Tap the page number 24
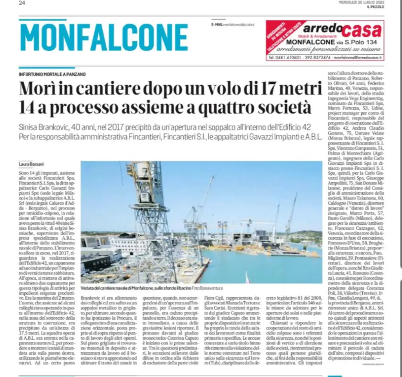22,3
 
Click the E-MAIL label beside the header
217,25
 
